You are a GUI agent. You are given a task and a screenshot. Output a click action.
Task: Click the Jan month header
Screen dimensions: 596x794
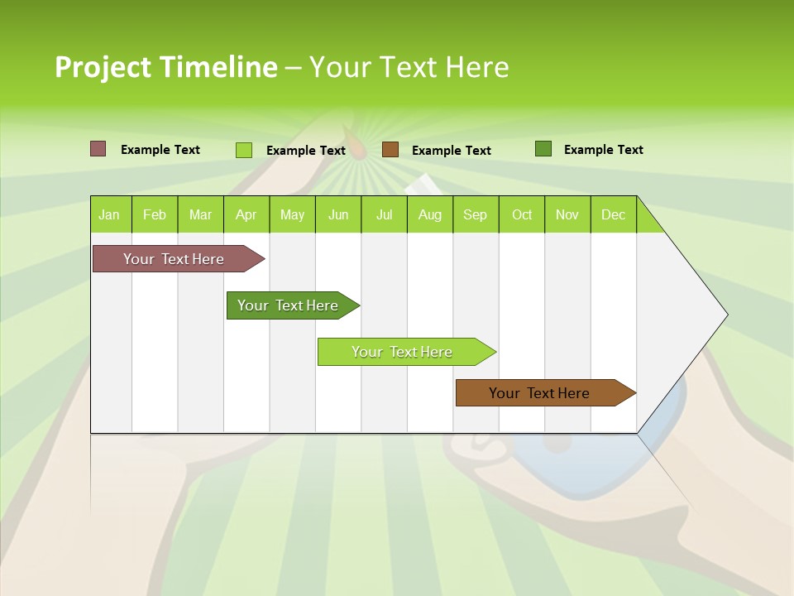click(110, 214)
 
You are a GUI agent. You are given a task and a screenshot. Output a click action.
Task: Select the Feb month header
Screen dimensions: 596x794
click(155, 214)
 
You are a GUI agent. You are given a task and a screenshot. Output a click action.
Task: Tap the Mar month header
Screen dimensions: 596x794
click(200, 214)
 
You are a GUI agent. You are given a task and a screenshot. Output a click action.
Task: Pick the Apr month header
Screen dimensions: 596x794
click(246, 214)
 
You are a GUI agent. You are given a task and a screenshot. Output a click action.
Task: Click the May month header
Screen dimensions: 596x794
click(292, 214)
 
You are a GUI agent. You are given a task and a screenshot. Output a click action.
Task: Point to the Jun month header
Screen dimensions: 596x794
click(338, 214)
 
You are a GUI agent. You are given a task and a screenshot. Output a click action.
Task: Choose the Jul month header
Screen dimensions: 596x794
click(384, 214)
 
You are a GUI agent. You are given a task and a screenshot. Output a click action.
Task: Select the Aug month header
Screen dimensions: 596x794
click(430, 214)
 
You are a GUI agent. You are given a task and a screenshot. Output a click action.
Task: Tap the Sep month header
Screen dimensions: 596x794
click(476, 214)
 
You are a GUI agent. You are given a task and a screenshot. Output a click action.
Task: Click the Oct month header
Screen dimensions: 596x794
click(522, 214)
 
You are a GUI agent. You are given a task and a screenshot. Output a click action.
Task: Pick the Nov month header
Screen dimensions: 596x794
click(567, 214)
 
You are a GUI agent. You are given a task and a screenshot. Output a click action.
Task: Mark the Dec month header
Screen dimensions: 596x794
click(614, 214)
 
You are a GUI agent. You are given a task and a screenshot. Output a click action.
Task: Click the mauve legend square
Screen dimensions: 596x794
click(98, 149)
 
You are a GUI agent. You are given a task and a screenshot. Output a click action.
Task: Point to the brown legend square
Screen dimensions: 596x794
click(390, 150)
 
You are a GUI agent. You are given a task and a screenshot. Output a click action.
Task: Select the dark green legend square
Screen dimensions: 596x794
click(543, 149)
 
